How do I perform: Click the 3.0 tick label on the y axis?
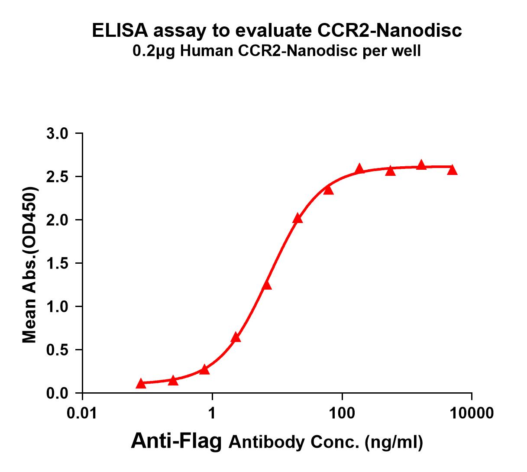(x=58, y=134)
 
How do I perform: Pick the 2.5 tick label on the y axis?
(x=58, y=177)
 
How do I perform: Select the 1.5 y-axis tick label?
(x=58, y=264)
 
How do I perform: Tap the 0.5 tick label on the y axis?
(x=58, y=350)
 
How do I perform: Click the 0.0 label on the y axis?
(x=58, y=394)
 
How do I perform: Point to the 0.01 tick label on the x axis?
(x=82, y=413)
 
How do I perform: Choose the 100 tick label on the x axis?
(x=342, y=413)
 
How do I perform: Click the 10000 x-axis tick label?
(x=472, y=413)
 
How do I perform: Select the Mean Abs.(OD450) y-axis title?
(x=30, y=265)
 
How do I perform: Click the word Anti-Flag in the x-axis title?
(x=176, y=441)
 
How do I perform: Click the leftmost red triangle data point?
(x=141, y=383)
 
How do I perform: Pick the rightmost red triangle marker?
(x=452, y=169)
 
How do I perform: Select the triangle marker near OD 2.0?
(x=297, y=218)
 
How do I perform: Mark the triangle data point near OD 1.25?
(x=267, y=285)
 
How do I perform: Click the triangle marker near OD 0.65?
(x=236, y=337)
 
